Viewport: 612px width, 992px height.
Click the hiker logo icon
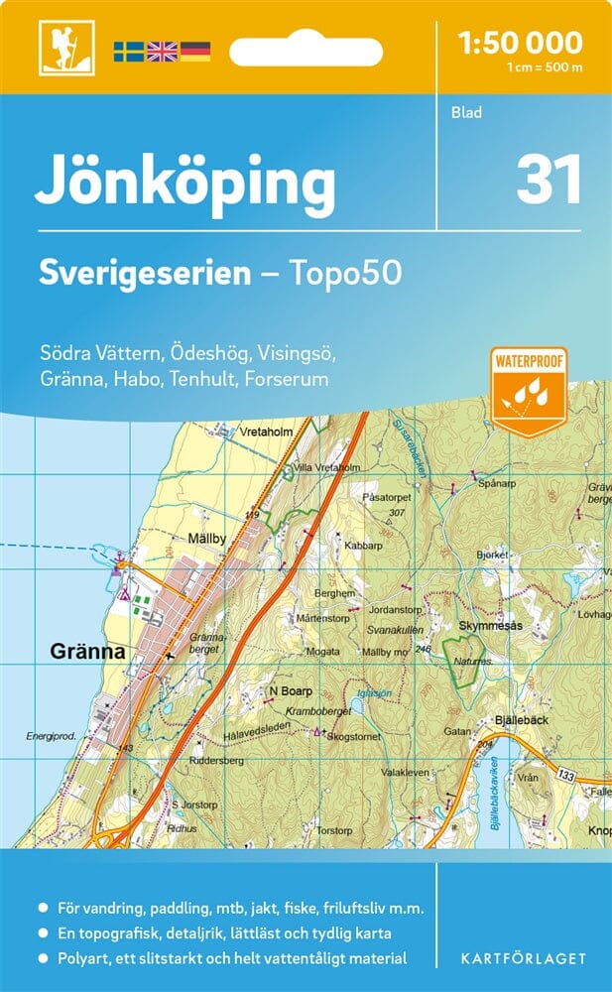click(x=60, y=48)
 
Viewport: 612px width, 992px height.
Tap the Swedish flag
click(x=128, y=50)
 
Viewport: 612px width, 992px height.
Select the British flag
click(x=162, y=50)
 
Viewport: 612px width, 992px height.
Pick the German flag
click(x=195, y=50)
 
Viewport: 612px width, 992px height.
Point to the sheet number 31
click(x=548, y=181)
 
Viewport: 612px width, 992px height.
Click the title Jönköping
click(x=185, y=183)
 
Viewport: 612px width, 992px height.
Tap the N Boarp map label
click(x=291, y=690)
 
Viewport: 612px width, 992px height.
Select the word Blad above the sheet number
click(x=466, y=112)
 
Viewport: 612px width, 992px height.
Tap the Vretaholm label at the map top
click(x=267, y=433)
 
